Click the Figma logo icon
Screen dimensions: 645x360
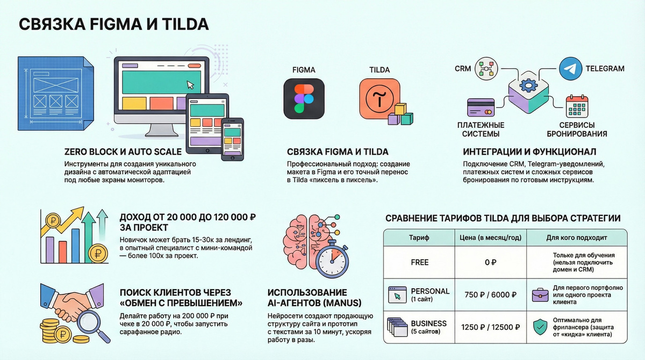(x=304, y=99)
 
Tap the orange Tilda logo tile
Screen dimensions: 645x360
(x=379, y=99)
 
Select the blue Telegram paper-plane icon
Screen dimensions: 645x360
(x=570, y=69)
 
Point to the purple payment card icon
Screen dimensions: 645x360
(x=481, y=109)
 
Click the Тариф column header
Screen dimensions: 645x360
(x=419, y=236)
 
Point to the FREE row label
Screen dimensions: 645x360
(x=419, y=262)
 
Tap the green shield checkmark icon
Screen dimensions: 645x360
(x=539, y=327)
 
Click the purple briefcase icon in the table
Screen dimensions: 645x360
(x=539, y=294)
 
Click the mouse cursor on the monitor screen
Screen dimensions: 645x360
(x=189, y=85)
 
